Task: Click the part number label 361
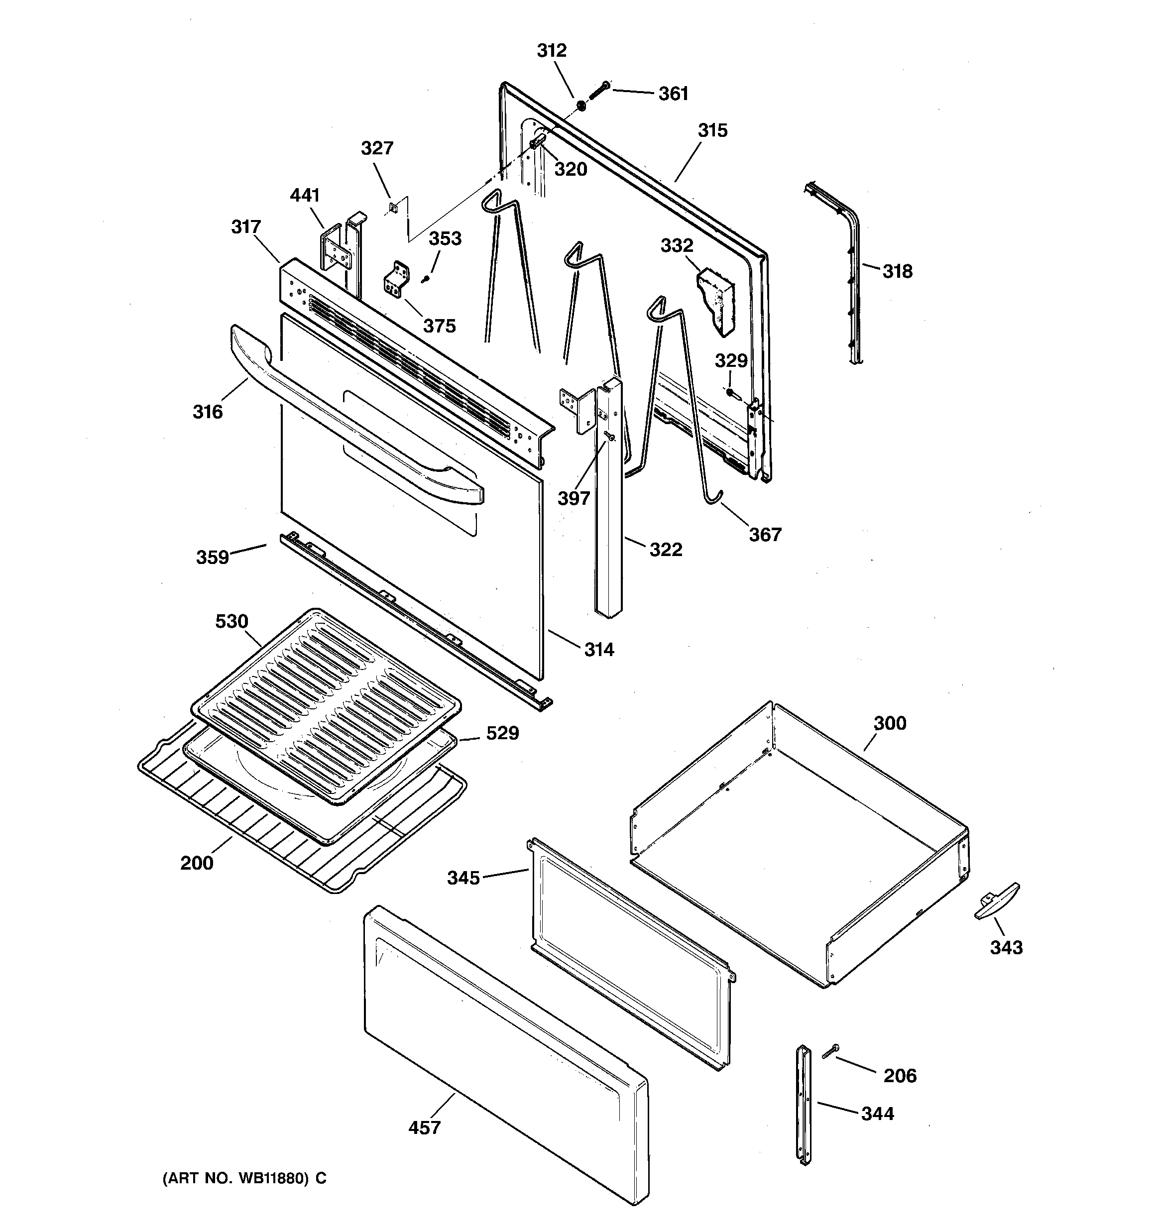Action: point(673,94)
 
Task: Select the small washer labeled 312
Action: point(581,106)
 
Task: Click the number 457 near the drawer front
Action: point(425,1127)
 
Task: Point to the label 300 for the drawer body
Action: point(890,723)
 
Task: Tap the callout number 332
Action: point(677,245)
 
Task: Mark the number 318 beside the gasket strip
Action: point(897,271)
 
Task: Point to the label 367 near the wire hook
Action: point(765,534)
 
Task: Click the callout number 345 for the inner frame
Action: point(463,878)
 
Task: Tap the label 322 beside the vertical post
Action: point(666,549)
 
